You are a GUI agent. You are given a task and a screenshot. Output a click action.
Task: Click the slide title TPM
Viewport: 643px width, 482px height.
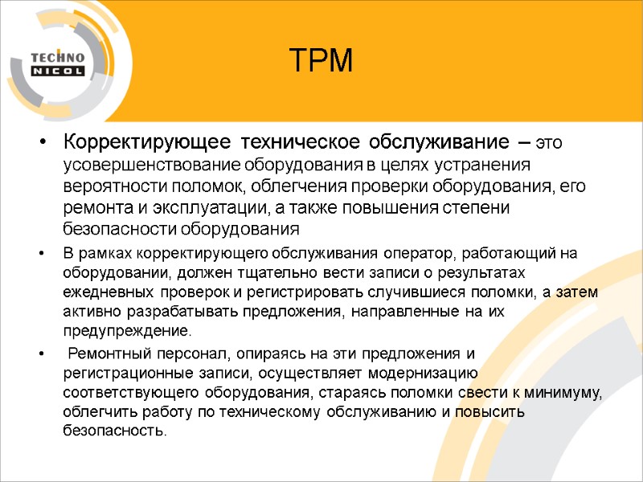321,61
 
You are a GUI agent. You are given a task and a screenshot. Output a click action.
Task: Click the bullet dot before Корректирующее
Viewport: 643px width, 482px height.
42,145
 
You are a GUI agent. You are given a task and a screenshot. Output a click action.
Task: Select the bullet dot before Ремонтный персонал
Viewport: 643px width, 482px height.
42,355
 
